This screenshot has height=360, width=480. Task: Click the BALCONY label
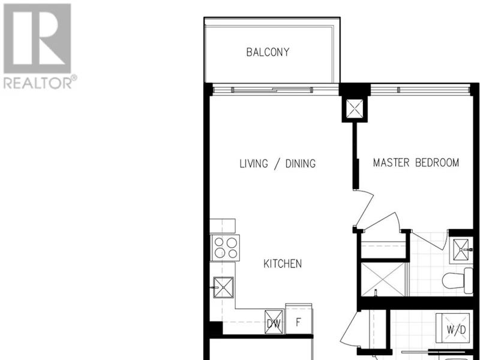pyautogui.click(x=268, y=52)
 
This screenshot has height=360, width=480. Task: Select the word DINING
pyautogui.click(x=301, y=163)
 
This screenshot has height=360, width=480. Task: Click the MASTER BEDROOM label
pyautogui.click(x=416, y=163)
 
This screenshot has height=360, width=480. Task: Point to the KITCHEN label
pyautogui.click(x=283, y=263)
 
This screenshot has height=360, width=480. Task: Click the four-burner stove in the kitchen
pyautogui.click(x=225, y=248)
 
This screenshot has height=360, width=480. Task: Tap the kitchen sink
pyautogui.click(x=223, y=287)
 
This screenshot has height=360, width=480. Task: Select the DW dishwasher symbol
pyautogui.click(x=274, y=322)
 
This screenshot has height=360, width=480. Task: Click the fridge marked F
pyautogui.click(x=299, y=319)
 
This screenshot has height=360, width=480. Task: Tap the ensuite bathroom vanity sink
pyautogui.click(x=461, y=250)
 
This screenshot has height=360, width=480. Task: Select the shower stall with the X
pyautogui.click(x=383, y=279)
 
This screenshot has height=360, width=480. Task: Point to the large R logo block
pyautogui.click(x=37, y=38)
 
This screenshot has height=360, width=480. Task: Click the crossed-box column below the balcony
pyautogui.click(x=355, y=109)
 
